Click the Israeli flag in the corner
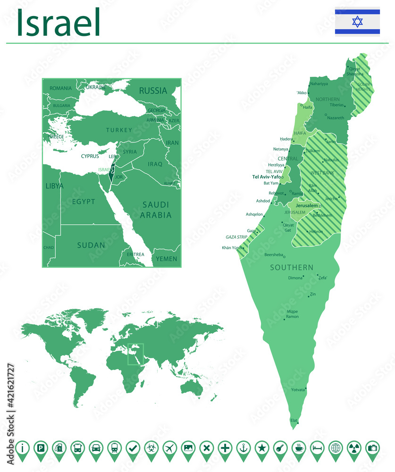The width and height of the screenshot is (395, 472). pyautogui.click(x=357, y=21)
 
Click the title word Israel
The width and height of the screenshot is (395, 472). pyautogui.click(x=59, y=22)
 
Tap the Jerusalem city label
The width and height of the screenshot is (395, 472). pyautogui.click(x=306, y=206)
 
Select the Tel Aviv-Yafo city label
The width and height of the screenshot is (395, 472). pyautogui.click(x=266, y=177)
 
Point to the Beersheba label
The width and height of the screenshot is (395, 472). pyautogui.click(x=273, y=254)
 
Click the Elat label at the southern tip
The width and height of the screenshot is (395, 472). pyautogui.click(x=294, y=420)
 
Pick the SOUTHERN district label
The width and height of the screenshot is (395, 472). pyautogui.click(x=291, y=268)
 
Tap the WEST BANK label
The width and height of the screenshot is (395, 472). pyautogui.click(x=322, y=173)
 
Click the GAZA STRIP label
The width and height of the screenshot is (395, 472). pyautogui.click(x=236, y=237)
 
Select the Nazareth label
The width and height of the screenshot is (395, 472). pyautogui.click(x=336, y=118)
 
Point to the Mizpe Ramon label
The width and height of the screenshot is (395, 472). pyautogui.click(x=293, y=314)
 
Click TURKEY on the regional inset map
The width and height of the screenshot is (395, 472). pyautogui.click(x=119, y=130)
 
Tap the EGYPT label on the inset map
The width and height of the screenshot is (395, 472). pyautogui.click(x=84, y=202)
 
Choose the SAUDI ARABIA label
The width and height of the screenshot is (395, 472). pyautogui.click(x=156, y=210)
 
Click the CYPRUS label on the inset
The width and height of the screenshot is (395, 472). pyautogui.click(x=90, y=156)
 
